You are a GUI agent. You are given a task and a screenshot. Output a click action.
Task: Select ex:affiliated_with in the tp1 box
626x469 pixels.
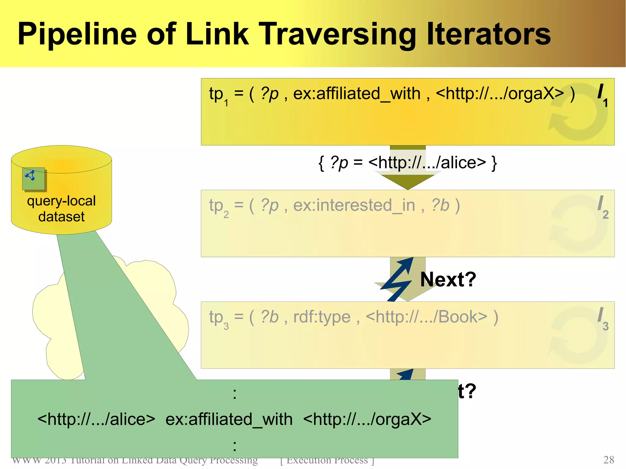point(357,93)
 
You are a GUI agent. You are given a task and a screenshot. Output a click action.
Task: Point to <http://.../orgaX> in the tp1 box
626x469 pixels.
point(500,93)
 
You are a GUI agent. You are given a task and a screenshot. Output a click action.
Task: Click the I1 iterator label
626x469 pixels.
point(602,95)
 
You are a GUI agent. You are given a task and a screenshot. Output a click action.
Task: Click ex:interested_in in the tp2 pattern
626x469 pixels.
point(354,205)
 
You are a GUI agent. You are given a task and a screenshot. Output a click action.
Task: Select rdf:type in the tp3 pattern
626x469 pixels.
point(322,317)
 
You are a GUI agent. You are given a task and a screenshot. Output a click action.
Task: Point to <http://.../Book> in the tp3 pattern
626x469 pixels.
point(426,317)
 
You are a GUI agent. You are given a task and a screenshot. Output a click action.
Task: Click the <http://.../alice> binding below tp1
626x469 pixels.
point(427,163)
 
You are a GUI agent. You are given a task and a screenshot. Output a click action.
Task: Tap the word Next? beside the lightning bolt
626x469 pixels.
point(448,279)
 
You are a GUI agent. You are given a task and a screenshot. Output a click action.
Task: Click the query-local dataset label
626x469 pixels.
point(61,209)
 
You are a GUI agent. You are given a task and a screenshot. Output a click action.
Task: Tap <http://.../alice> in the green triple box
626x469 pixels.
point(96,419)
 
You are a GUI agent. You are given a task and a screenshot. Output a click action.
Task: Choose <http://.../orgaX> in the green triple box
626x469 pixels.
point(367,419)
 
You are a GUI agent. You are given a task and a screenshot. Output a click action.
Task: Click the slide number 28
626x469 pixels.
point(609,460)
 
